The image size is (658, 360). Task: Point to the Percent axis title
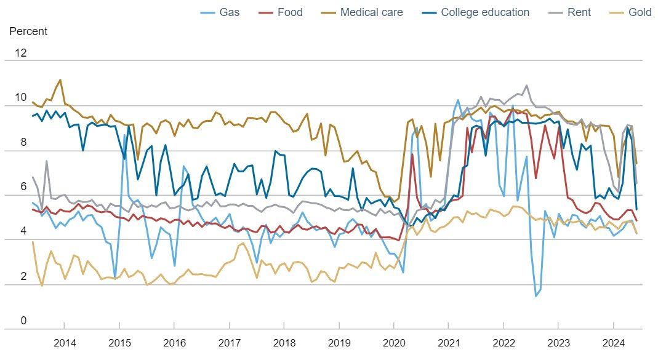pos(28,31)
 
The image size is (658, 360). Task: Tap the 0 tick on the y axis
pos(23,321)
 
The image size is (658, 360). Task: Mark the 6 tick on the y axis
pos(23,187)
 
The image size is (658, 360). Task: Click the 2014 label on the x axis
pos(65,342)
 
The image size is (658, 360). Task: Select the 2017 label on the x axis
pos(230,342)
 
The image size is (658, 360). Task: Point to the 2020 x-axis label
pos(394,342)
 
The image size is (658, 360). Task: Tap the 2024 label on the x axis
pos(614,342)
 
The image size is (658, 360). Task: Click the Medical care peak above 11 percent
pos(60,79)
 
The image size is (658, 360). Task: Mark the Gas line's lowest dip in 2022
pos(536,296)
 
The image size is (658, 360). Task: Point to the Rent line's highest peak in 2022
pos(527,86)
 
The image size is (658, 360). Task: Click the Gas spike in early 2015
pos(125,135)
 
